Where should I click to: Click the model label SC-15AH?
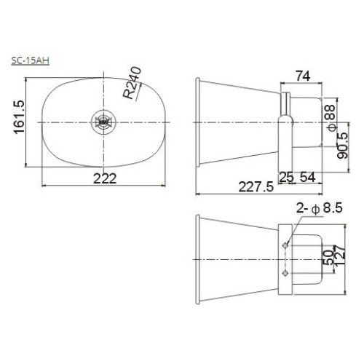pos(30,60)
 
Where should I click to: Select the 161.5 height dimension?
pos(19,117)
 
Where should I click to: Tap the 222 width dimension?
pos(105,179)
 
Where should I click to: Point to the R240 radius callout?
pos(132,83)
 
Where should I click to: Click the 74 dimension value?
pos(303,76)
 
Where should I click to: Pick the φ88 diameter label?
pos(332,118)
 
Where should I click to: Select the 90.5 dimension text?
pos(343,146)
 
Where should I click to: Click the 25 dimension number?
pos(286,178)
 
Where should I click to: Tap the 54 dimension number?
pos(308,178)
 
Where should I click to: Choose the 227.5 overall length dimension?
pos(256,187)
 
